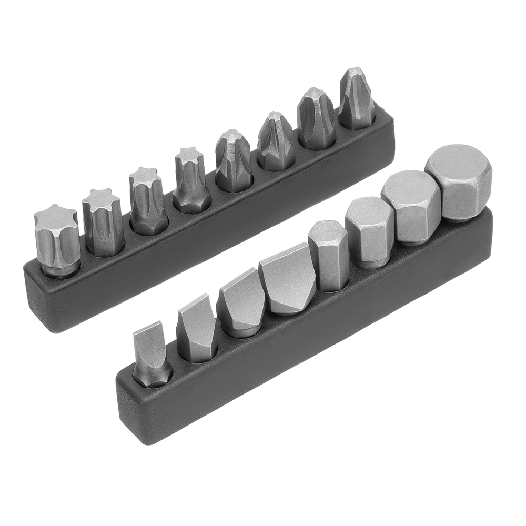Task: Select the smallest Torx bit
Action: pos(190,179)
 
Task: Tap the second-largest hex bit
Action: pos(410,208)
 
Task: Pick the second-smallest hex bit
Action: pos(369,231)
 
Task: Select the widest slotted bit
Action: pos(287,279)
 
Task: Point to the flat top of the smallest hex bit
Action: pos(325,230)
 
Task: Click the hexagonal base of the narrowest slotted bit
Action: pos(153,376)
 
